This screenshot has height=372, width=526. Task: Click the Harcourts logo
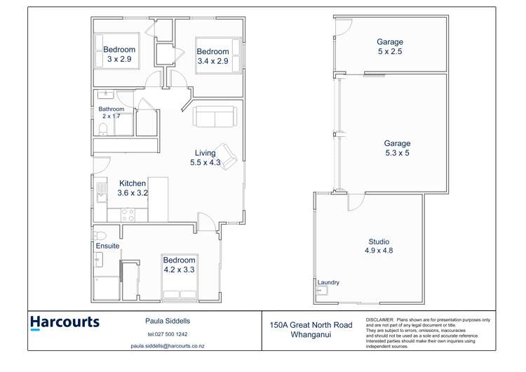click(x=65, y=323)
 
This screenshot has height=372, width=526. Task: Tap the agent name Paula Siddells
click(x=168, y=321)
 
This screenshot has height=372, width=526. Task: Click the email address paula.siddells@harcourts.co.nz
click(x=168, y=346)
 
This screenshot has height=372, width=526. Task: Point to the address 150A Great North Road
click(x=311, y=325)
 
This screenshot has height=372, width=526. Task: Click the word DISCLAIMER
click(x=379, y=320)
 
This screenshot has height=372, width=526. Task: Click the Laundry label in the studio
click(x=328, y=282)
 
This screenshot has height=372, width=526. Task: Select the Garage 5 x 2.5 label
click(x=390, y=46)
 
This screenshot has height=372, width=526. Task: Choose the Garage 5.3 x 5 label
click(x=397, y=148)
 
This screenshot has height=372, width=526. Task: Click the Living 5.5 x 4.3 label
click(x=205, y=158)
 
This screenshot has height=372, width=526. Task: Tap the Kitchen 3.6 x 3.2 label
click(x=133, y=188)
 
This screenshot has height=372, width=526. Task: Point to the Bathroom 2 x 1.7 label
click(x=112, y=112)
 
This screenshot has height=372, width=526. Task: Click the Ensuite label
click(x=107, y=246)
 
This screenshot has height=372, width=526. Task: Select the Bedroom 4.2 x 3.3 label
click(x=179, y=265)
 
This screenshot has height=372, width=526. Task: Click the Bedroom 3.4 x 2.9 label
click(x=213, y=56)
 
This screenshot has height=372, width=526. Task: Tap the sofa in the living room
click(x=215, y=117)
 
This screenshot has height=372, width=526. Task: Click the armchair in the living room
click(x=226, y=156)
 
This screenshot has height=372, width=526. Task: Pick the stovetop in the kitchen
click(x=128, y=215)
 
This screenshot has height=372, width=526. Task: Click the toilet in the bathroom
click(x=103, y=129)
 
